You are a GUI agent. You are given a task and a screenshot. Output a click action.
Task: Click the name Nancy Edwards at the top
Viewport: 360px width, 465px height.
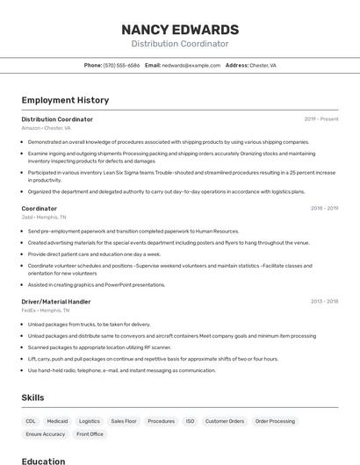click(180, 29)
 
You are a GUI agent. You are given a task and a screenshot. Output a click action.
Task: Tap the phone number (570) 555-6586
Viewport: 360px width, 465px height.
click(121, 65)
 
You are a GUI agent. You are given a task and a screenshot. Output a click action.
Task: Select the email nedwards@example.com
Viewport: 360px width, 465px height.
click(191, 65)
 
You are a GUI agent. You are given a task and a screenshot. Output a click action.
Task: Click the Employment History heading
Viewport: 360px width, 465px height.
click(65, 100)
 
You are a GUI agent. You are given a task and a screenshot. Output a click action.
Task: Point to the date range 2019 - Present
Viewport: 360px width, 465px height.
click(320, 118)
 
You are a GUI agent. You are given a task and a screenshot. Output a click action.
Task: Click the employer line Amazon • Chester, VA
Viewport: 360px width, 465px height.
click(46, 128)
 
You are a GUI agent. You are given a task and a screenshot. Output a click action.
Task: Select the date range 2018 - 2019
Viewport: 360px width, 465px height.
click(324, 208)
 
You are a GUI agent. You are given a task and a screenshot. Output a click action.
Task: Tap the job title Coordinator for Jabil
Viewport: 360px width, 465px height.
click(39, 208)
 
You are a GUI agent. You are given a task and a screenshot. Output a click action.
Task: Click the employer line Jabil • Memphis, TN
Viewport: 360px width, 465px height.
click(43, 217)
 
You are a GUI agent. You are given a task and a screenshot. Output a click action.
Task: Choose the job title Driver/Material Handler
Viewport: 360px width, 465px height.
click(56, 301)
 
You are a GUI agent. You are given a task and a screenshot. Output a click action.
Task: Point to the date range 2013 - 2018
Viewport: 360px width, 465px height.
click(324, 301)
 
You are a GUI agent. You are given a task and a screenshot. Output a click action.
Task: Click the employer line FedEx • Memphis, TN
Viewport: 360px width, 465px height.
click(45, 310)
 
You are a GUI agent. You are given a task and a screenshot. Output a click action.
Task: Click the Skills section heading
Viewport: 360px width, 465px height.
click(32, 397)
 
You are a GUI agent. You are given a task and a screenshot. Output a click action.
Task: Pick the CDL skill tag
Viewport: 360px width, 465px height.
click(31, 421)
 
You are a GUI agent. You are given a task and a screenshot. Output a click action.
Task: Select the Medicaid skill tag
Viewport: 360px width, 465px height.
click(57, 421)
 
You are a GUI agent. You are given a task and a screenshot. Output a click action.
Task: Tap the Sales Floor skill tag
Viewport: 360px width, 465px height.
click(124, 421)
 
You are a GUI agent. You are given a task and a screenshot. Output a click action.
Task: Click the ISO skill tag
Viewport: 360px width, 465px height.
click(190, 421)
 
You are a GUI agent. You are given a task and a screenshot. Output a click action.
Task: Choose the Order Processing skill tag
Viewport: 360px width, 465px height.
click(275, 421)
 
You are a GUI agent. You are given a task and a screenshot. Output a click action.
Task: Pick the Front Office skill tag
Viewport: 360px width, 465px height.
click(90, 433)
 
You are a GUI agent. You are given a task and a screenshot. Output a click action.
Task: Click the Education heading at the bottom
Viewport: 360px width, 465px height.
click(43, 461)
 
